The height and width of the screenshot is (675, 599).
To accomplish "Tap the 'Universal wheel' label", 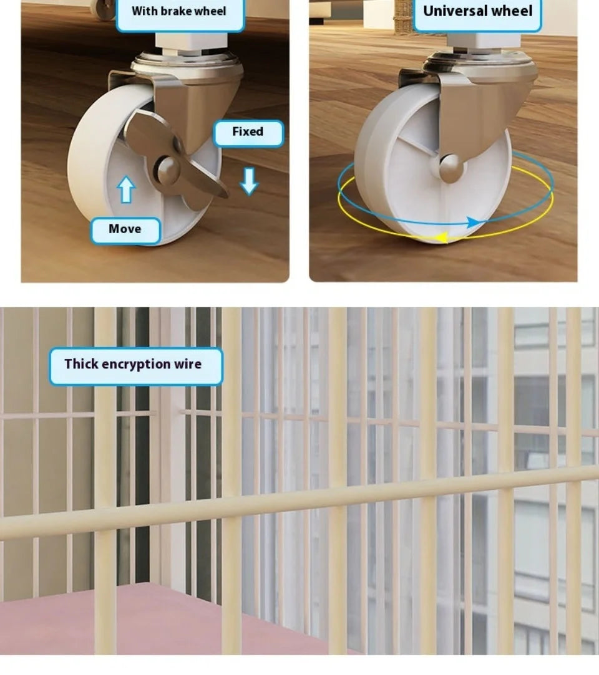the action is pyautogui.click(x=477, y=13).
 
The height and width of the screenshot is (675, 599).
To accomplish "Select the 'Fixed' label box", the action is pyautogui.click(x=248, y=133).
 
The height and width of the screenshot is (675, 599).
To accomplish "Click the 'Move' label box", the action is pyautogui.click(x=125, y=231).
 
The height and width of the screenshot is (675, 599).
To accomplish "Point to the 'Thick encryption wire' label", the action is pyautogui.click(x=136, y=366).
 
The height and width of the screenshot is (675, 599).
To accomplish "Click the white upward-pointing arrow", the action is pyautogui.click(x=126, y=189).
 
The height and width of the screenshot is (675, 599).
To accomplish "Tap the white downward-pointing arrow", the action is pyautogui.click(x=249, y=181).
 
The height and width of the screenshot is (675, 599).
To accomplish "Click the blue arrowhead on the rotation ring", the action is pyautogui.click(x=474, y=223).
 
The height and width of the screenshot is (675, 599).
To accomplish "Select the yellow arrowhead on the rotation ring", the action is pyautogui.click(x=441, y=237).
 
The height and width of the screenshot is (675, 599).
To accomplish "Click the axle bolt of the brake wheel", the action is pyautogui.click(x=167, y=169).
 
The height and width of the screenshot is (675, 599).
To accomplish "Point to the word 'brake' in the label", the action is pyautogui.click(x=178, y=11).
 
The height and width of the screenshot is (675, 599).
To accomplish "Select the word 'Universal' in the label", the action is pyautogui.click(x=451, y=11).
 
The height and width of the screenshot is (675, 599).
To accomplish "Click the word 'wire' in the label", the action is pyautogui.click(x=188, y=364).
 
